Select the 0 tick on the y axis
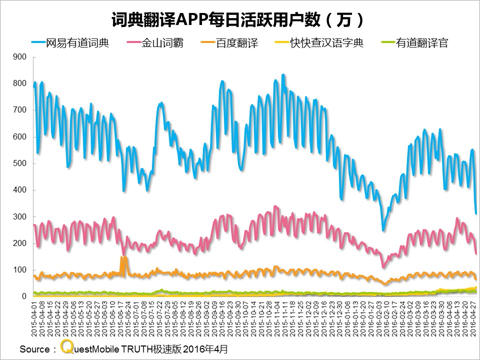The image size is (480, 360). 23,296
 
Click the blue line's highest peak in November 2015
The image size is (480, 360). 283,75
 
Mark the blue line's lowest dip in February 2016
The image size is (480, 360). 383,230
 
